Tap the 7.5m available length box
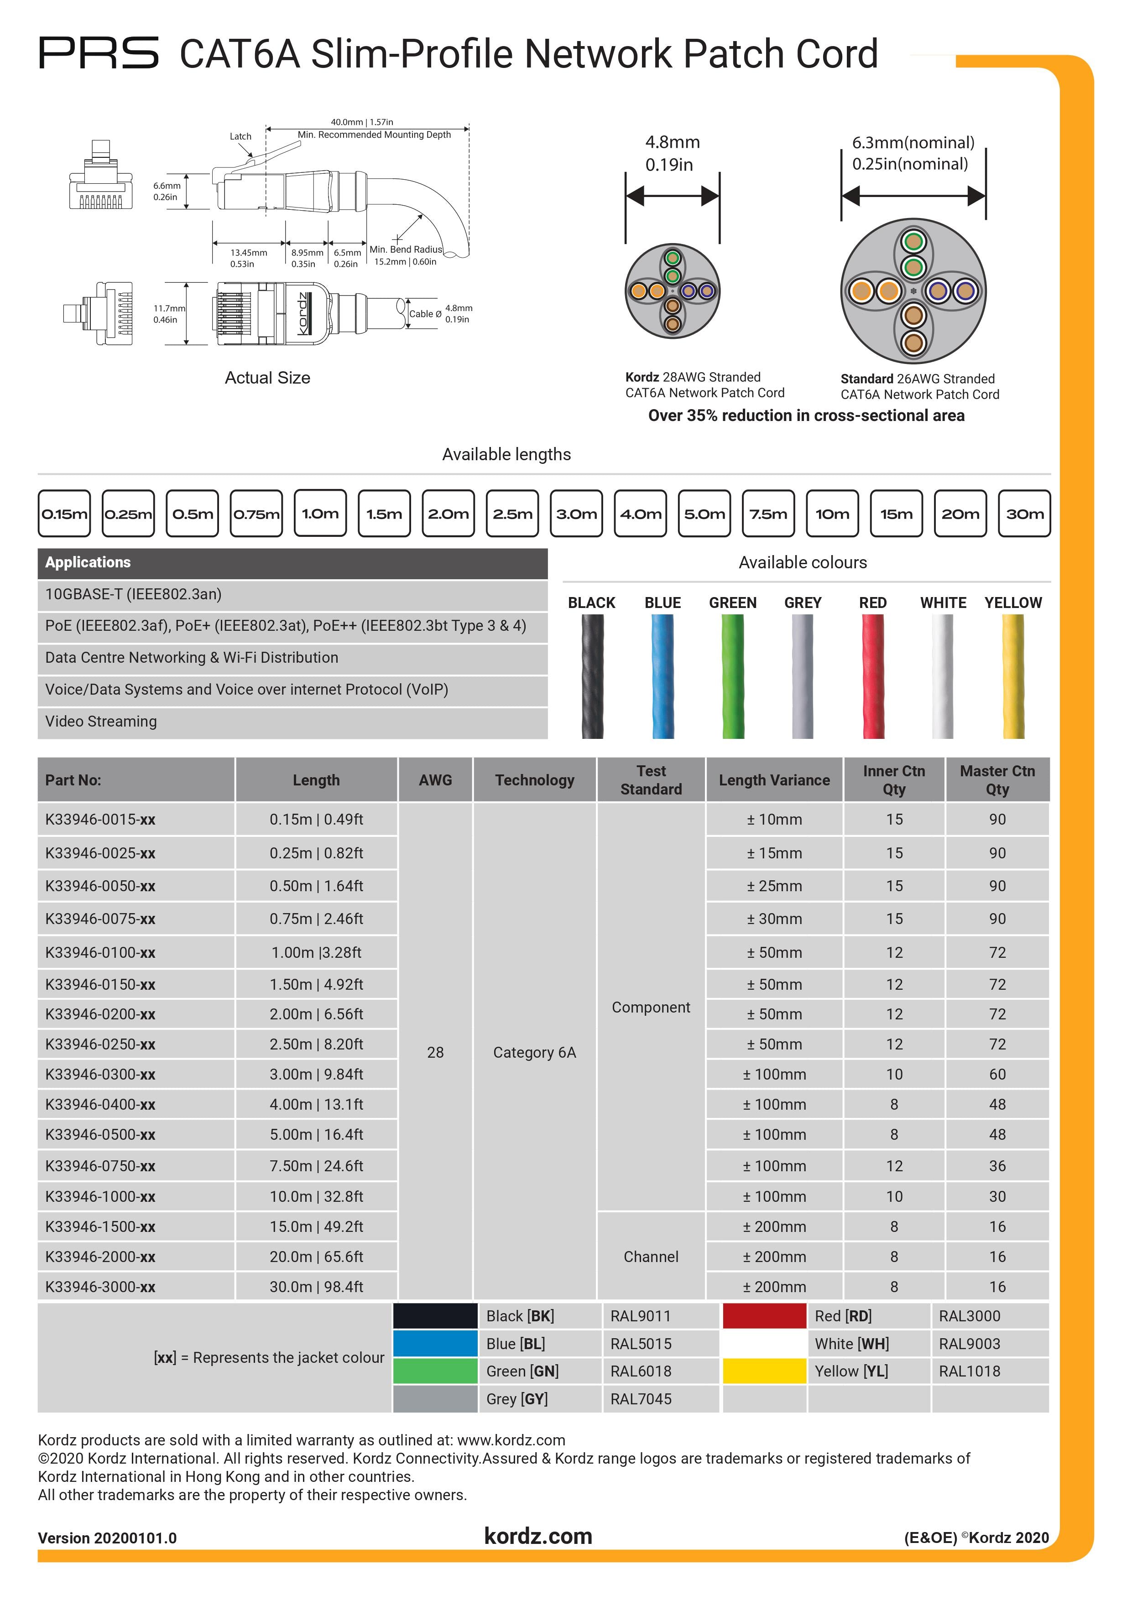(768, 514)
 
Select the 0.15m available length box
(64, 514)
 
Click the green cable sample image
(733, 676)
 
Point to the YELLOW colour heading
(1013, 603)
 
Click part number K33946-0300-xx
(100, 1074)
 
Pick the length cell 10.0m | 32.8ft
(317, 1196)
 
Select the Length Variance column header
(774, 780)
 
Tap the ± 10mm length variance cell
(774, 820)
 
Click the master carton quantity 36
(997, 1166)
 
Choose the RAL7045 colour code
(641, 1398)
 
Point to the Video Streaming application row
(101, 721)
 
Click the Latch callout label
(240, 136)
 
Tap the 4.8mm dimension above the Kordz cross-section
(672, 142)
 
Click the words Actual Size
(268, 378)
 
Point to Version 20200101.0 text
(107, 1538)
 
